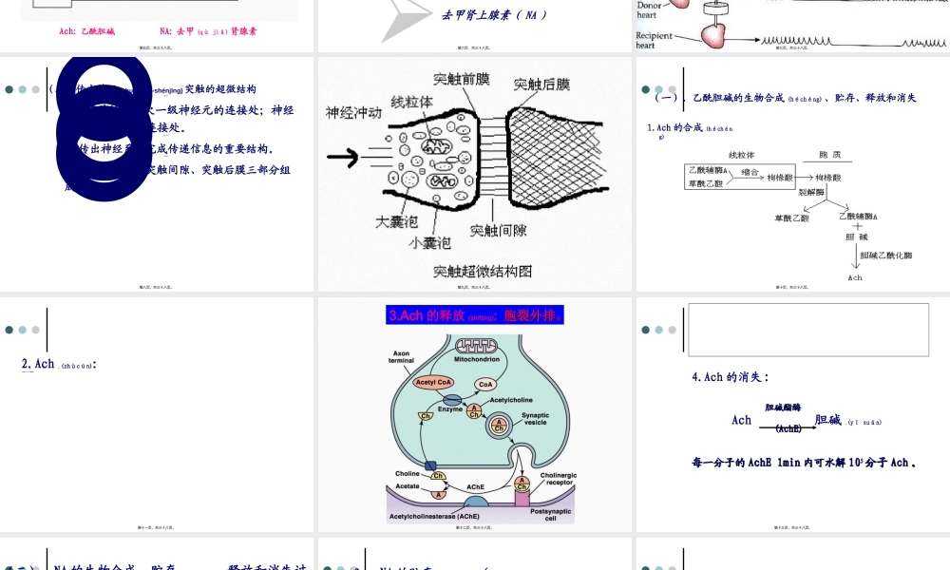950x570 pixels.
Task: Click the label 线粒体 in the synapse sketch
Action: tap(412, 101)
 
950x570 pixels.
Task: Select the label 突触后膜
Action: tap(541, 85)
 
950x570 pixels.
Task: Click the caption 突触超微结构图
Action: tap(483, 271)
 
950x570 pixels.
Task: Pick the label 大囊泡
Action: tap(396, 221)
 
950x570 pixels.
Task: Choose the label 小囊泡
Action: tap(429, 243)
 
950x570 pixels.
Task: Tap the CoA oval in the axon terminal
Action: tap(486, 384)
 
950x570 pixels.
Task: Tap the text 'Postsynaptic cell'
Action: tap(551, 515)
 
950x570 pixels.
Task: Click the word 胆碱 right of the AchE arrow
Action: tap(827, 420)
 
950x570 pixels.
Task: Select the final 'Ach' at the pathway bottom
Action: tap(855, 277)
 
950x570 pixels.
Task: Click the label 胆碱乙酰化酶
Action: tap(885, 255)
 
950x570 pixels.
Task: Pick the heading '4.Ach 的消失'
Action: tap(730, 377)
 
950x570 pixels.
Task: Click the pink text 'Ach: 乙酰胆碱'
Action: tap(86, 31)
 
